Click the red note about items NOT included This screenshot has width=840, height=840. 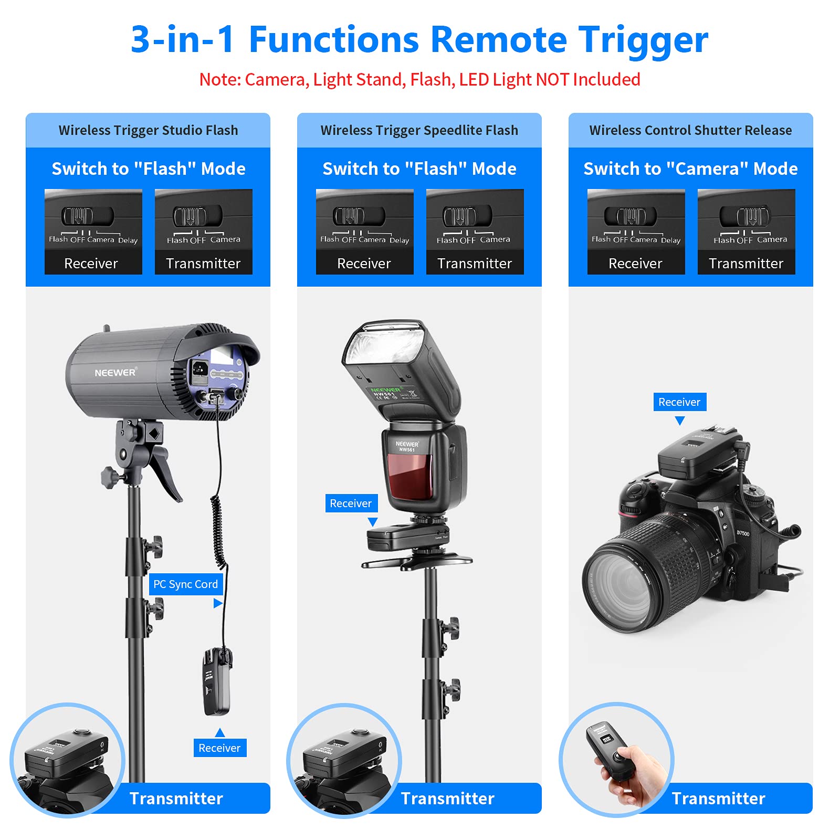[419, 80]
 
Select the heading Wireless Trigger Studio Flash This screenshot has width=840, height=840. [148, 130]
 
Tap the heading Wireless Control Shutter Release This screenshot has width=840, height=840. [690, 130]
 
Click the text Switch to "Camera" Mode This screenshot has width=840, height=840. [690, 169]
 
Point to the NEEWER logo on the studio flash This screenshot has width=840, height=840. [115, 372]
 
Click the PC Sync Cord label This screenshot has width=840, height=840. [185, 584]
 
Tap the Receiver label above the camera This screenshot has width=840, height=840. [679, 402]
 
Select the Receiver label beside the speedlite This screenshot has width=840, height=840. [351, 503]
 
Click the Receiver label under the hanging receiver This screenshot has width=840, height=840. [219, 748]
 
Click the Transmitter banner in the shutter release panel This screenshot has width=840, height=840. [718, 799]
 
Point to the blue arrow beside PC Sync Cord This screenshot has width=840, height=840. [217, 604]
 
